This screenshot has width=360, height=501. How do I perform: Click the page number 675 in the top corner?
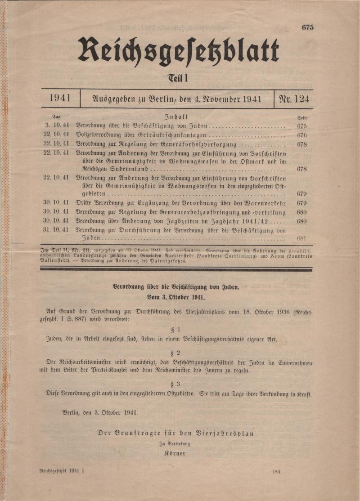click(307, 27)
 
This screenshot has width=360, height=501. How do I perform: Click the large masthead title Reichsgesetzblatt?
click(178, 51)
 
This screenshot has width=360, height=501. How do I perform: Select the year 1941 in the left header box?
click(60, 98)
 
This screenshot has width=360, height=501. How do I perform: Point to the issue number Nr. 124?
click(294, 98)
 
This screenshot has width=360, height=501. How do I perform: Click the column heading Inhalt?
click(177, 117)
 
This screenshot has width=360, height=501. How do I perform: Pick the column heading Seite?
click(302, 117)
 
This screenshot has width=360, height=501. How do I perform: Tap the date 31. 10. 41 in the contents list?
click(56, 229)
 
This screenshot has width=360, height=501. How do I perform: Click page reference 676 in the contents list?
click(302, 135)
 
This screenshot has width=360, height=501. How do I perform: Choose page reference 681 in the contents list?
click(301, 238)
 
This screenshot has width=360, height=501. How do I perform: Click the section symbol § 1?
click(175, 330)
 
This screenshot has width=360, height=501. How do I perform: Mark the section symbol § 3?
click(175, 384)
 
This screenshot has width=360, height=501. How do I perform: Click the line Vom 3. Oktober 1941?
click(176, 297)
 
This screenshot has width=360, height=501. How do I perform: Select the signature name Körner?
click(175, 453)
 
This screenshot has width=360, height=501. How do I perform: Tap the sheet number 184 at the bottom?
click(276, 471)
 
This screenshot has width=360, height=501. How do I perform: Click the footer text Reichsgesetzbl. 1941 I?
click(62, 471)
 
